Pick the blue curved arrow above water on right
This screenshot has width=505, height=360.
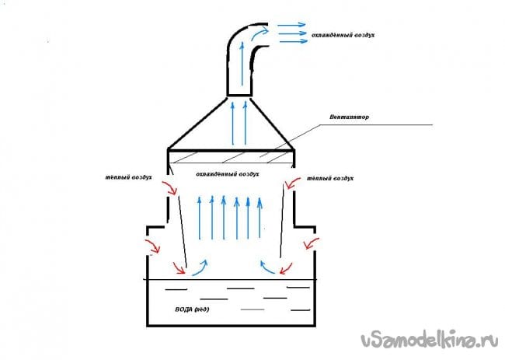[266, 267]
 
